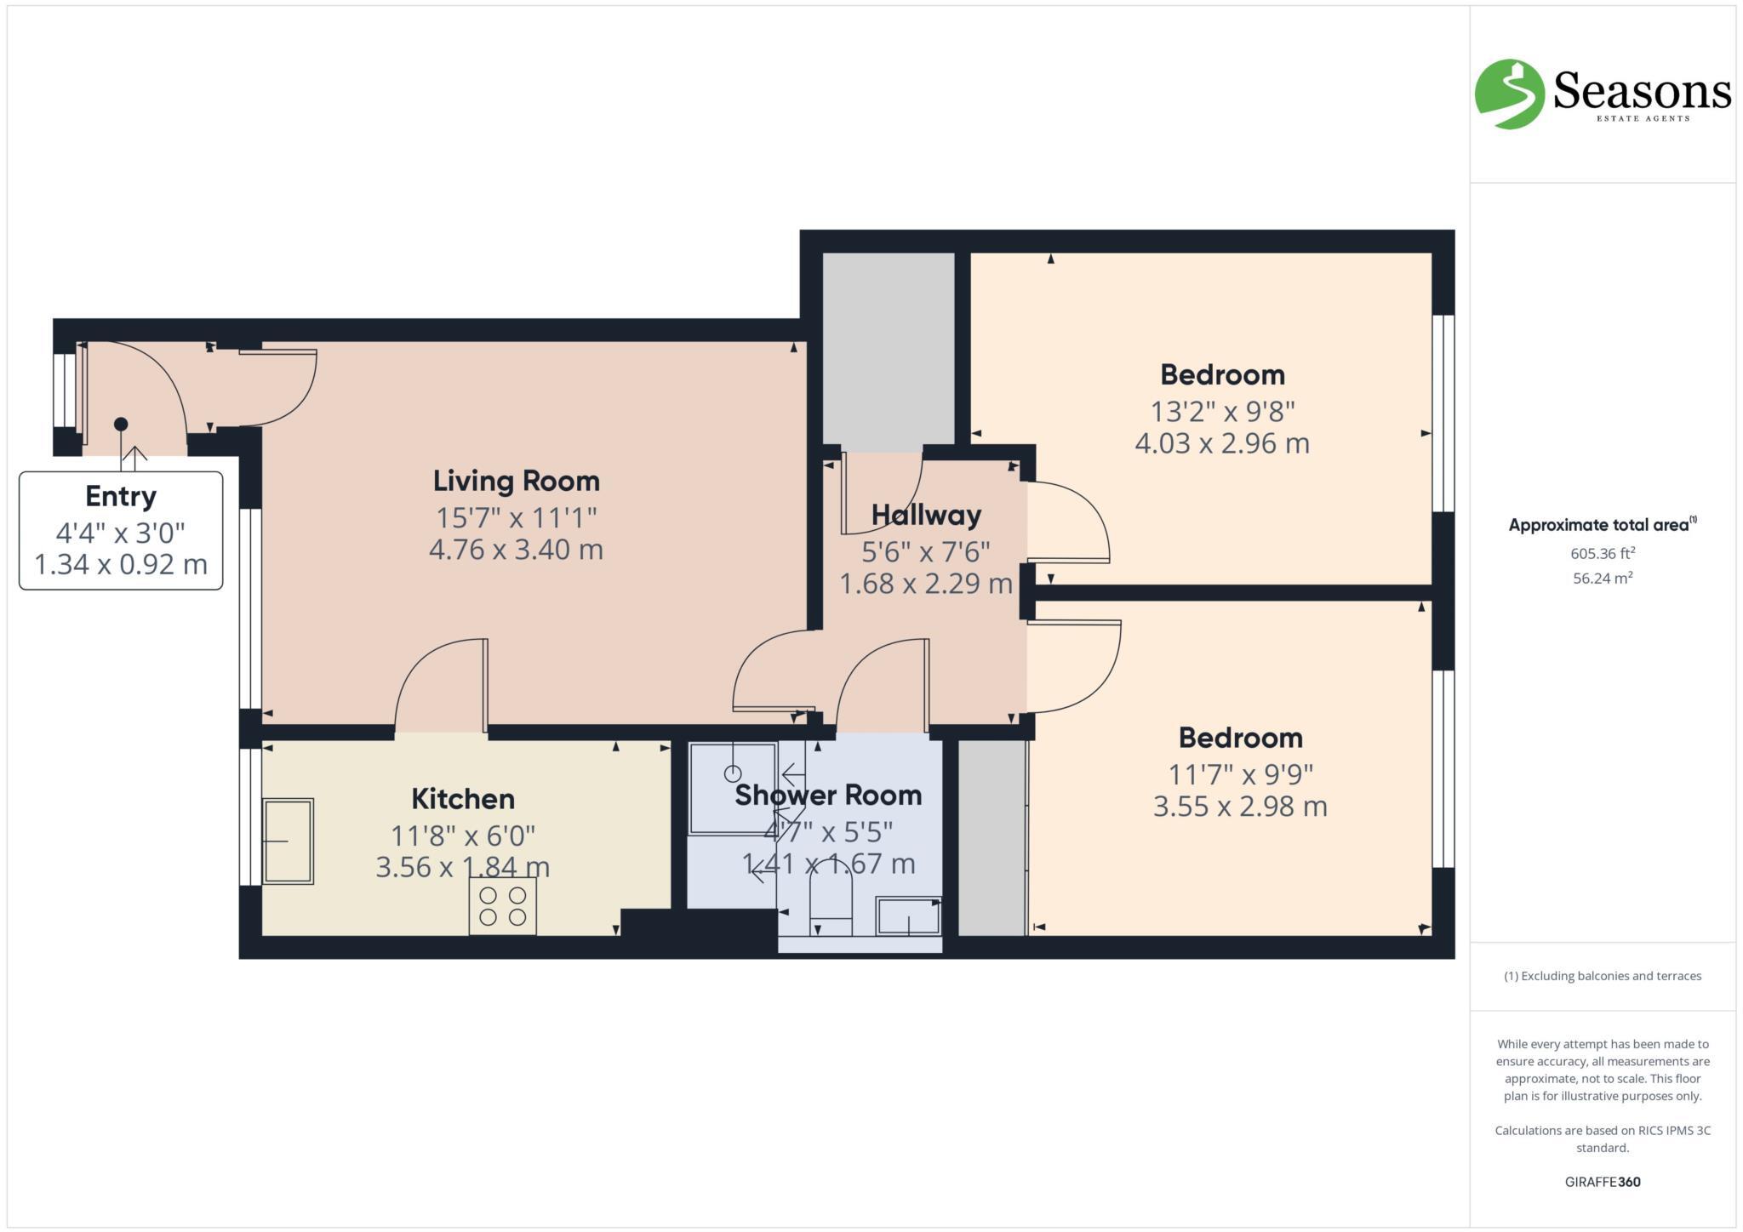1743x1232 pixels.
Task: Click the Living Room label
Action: [516, 481]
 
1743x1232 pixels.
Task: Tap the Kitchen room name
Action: [463, 799]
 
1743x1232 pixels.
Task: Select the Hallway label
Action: [926, 515]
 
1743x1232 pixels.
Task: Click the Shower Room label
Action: [828, 795]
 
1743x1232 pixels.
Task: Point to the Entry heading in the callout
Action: [121, 496]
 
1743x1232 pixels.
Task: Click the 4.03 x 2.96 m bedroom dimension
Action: [1222, 443]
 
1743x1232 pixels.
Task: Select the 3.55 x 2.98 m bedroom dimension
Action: [1240, 806]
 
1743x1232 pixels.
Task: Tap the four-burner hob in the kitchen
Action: [502, 906]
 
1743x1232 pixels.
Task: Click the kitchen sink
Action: [288, 841]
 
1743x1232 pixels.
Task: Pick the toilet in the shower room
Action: [830, 900]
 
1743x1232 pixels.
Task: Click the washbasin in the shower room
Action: [908, 916]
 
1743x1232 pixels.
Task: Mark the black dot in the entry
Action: [121, 424]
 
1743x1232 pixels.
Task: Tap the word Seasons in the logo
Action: [1642, 90]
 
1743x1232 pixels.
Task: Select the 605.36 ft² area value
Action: [1603, 553]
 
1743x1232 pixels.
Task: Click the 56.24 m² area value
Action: [1603, 579]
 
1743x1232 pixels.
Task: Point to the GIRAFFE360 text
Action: [1603, 1182]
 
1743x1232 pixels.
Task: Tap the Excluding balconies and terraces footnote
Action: [1603, 976]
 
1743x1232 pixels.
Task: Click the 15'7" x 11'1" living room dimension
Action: [516, 516]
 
